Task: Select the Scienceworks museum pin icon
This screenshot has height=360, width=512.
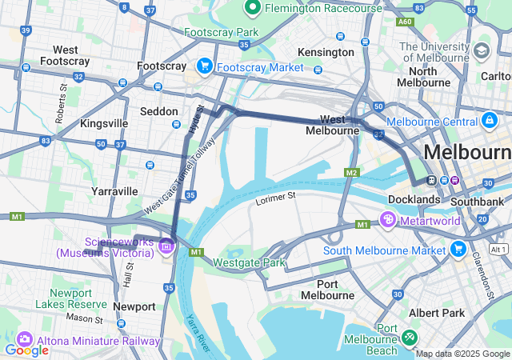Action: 166,246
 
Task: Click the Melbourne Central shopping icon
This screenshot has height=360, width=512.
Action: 489,120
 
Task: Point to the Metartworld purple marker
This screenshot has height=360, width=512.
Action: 387,219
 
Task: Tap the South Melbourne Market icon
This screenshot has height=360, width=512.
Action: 458,250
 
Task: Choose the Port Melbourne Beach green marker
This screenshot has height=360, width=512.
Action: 410,339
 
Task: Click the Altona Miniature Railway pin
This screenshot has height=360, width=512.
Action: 23,340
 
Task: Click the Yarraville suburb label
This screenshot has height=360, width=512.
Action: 114,191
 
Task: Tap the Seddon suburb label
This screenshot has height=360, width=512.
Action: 160,111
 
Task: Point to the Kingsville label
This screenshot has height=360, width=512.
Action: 104,124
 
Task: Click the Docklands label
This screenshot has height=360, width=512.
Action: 414,198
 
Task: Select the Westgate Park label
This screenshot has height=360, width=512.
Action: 249,262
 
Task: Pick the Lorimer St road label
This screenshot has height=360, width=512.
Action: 276,195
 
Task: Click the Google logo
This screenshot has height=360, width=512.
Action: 26,350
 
